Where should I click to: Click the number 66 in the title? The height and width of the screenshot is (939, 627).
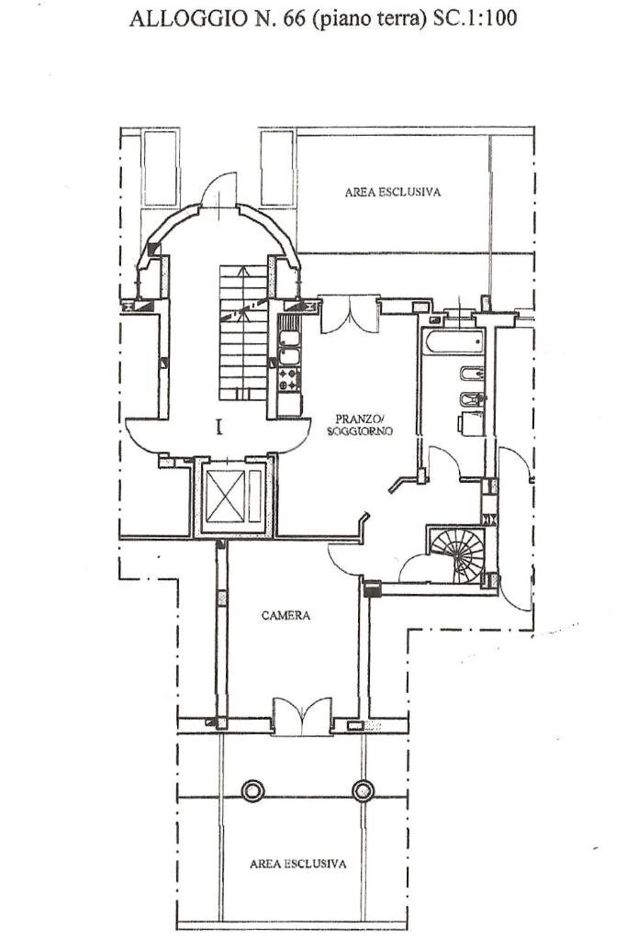[293, 17]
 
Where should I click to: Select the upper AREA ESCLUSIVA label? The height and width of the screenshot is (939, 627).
[393, 192]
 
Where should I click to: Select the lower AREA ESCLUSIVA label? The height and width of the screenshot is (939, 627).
[298, 864]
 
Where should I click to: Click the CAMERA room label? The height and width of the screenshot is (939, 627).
[286, 615]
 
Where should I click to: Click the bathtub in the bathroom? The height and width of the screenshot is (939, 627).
[452, 341]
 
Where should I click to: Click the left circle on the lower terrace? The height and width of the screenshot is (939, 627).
[252, 789]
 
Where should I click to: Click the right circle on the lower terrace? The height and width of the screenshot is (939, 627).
[364, 789]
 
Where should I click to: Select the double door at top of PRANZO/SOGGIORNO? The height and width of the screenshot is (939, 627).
[350, 314]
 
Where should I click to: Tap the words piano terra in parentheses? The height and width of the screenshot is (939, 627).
[367, 17]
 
